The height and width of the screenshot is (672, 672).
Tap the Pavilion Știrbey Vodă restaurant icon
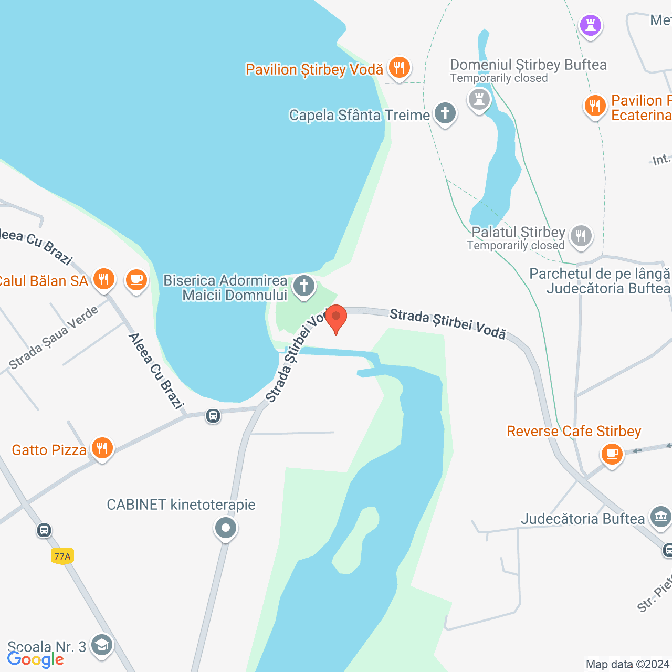[x=400, y=68]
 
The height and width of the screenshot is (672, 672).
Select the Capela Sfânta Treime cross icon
[x=445, y=113]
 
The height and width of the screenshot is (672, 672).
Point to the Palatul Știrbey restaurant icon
[x=581, y=236]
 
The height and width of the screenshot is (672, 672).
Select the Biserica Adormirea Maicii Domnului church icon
[x=304, y=286]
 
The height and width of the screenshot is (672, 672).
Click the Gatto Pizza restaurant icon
[x=102, y=448]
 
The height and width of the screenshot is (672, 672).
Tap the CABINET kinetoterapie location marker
[x=226, y=528]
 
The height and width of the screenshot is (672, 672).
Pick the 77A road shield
[x=62, y=556]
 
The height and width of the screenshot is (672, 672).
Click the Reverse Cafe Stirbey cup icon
[x=612, y=453]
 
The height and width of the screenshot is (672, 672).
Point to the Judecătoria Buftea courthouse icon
[x=660, y=517]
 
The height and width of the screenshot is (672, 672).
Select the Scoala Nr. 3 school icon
[x=101, y=645]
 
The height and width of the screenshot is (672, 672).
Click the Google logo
[x=36, y=659]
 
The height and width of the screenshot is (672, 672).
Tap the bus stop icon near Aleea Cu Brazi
[x=213, y=416]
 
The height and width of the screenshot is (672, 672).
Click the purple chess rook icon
[x=591, y=25]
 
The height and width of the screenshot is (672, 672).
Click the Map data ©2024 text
[x=628, y=665]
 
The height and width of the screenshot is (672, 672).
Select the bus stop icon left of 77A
[x=44, y=530]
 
